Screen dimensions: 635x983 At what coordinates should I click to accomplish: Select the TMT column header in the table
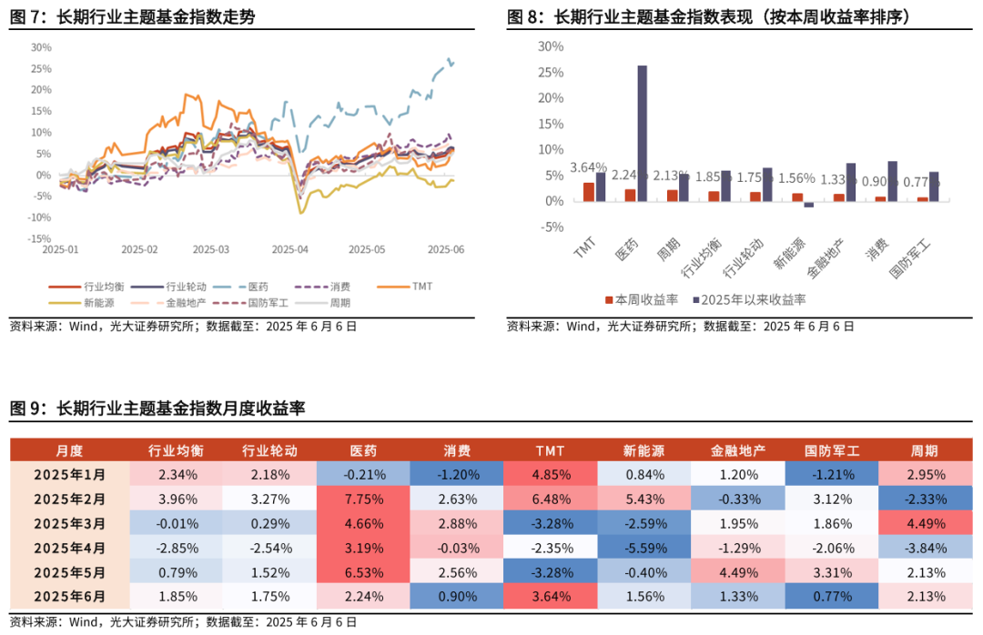point(550,450)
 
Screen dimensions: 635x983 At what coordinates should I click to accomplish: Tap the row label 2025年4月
point(69,548)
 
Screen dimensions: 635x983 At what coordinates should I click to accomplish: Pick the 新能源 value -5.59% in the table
point(644,548)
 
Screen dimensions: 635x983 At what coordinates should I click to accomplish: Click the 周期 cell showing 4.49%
point(925,523)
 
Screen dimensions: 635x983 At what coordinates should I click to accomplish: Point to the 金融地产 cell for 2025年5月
point(738,572)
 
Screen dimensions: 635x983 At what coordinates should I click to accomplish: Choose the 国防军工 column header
point(831,450)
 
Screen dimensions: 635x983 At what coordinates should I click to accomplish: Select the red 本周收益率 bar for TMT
point(589,192)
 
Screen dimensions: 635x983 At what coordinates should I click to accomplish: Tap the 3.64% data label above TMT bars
point(588,167)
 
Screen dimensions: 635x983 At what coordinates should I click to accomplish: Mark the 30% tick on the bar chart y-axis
point(551,46)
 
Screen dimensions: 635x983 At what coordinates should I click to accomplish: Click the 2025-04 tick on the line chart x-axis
point(291,249)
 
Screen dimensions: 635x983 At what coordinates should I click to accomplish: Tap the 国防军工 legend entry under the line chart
point(264,303)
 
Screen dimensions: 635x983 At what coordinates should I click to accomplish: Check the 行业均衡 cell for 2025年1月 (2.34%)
point(177,474)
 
